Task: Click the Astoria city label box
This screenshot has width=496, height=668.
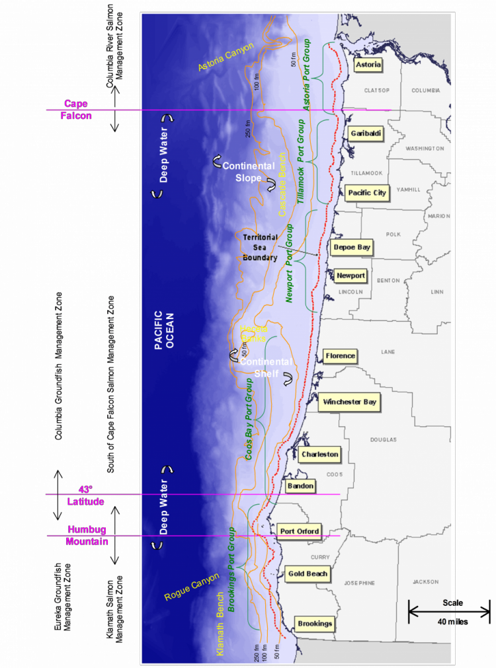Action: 368,65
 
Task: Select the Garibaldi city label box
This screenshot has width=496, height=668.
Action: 364,133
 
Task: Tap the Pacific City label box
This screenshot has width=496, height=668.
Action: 366,193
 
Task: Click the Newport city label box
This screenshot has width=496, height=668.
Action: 350,276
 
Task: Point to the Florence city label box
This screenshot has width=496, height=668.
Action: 340,356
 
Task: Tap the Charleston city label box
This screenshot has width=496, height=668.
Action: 319,455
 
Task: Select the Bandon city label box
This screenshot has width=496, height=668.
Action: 300,486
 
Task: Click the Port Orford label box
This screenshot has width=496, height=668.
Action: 300,531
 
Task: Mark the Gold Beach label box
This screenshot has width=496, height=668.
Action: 308,574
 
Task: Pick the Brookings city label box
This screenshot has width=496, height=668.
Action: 314,624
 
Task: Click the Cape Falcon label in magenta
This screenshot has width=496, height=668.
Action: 76,110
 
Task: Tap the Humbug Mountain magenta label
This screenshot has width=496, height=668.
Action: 87,536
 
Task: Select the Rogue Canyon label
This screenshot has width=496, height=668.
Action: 192,587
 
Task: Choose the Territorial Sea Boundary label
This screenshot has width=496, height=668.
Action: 259,248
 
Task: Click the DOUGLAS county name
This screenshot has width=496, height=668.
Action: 384,439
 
